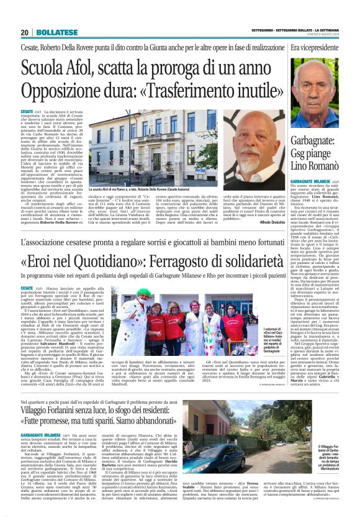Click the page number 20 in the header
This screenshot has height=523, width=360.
pyautogui.click(x=24, y=32)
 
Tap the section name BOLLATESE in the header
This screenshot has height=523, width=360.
pyautogui.click(x=48, y=32)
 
